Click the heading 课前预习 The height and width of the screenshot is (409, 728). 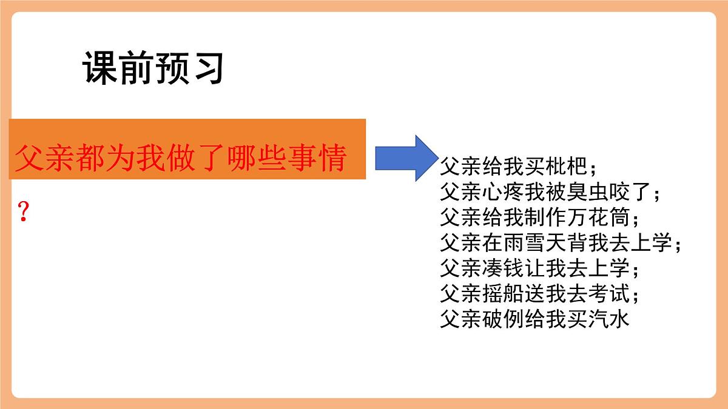click(x=153, y=68)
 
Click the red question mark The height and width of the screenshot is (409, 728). click(x=23, y=213)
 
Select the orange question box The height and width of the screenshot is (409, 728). click(x=187, y=150)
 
